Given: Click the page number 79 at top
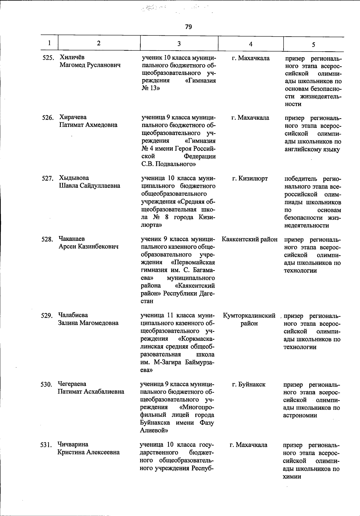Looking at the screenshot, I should [x=188, y=27].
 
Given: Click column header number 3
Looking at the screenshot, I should [x=179, y=44].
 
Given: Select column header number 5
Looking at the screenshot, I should [x=313, y=45].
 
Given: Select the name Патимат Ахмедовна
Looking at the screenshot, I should [x=88, y=125].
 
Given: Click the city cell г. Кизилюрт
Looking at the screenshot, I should [x=250, y=179].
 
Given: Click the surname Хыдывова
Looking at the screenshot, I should [x=74, y=178].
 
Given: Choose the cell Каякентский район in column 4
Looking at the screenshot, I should [x=250, y=239].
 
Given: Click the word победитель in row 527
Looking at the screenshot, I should [x=300, y=179].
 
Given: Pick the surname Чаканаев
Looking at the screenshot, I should [x=72, y=239].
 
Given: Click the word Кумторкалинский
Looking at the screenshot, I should [x=249, y=316].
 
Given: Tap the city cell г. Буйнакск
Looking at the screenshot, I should [x=249, y=384].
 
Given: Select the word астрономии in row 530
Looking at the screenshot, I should [x=300, y=415].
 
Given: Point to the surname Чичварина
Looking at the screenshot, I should [x=73, y=444].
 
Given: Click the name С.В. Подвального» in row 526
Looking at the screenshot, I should [x=169, y=164].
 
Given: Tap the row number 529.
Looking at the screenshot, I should [x=47, y=316].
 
